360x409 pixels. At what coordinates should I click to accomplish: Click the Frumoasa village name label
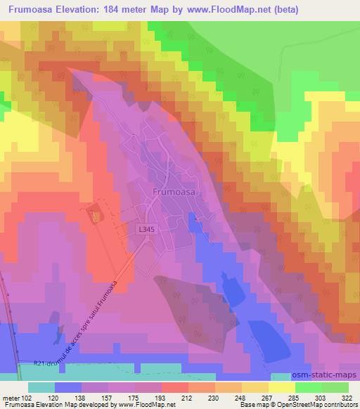click(173, 190)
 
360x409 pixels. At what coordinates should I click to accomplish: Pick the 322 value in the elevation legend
click(347, 397)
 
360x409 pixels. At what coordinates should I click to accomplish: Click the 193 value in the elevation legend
click(141, 397)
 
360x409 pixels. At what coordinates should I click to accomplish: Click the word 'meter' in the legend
click(11, 397)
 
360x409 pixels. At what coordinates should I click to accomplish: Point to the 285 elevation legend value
click(296, 397)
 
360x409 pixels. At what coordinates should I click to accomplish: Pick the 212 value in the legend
click(167, 397)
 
